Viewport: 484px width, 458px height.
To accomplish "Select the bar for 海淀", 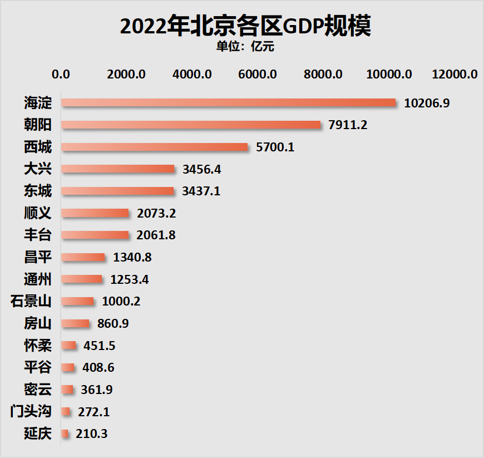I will (x=228, y=103).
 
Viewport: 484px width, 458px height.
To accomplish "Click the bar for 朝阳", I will (x=191, y=125).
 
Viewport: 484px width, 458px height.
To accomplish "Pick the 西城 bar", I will (x=154, y=147).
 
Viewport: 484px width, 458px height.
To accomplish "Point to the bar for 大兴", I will (x=117, y=169).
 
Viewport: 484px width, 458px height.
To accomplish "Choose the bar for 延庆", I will (x=65, y=434).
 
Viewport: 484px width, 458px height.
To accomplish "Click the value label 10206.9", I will (x=427, y=103).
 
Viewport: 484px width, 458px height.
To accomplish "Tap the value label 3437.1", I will (x=201, y=191).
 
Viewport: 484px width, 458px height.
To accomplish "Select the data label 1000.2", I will (x=121, y=302).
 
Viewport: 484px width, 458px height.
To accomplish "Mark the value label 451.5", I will (x=100, y=346).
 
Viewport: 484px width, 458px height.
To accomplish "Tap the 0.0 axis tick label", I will (x=61, y=75).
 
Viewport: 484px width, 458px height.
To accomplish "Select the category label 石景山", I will (x=31, y=302).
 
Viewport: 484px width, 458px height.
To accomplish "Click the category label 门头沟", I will (x=31, y=412).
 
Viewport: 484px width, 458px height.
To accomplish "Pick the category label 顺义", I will (x=38, y=213).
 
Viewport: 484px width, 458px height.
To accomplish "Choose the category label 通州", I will (x=38, y=279).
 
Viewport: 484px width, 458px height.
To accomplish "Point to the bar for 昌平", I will (x=82, y=257).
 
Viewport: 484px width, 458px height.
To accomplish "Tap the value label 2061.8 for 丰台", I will (x=156, y=235).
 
